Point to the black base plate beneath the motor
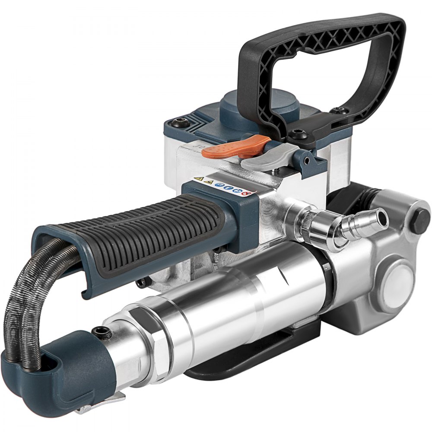(268, 354)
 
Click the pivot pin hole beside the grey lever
(306, 161)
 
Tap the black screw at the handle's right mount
(341, 111)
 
